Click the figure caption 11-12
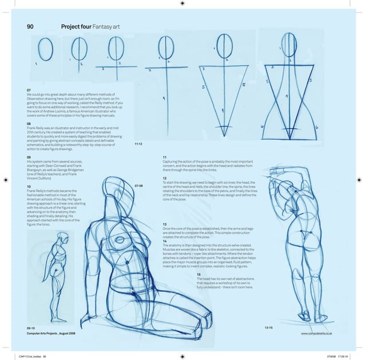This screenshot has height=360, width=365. coord(138,144)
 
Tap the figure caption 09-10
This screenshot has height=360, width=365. coord(31,327)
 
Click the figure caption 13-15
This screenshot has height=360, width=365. coord(268,327)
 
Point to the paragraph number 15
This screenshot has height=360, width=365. coord(198,275)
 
